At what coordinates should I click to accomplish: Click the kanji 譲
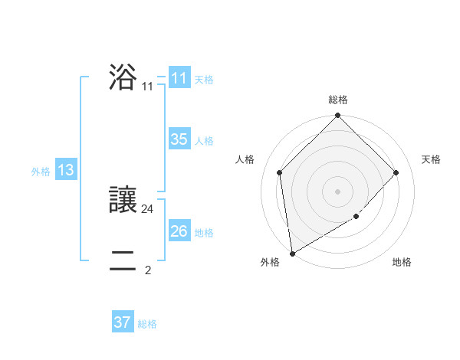pos(123,200)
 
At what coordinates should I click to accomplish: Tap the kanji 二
pos(123,261)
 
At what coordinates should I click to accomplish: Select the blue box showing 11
pos(179,78)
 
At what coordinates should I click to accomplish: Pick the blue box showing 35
pos(179,139)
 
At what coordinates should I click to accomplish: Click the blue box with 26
pos(179,231)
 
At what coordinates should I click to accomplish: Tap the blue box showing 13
pos(65,171)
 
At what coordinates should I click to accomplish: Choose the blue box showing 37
pos(122,322)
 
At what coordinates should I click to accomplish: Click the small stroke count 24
pos(148,208)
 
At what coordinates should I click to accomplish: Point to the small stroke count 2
pos(148,270)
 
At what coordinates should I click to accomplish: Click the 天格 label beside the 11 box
pos(204,79)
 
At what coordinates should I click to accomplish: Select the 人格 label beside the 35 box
pos(204,140)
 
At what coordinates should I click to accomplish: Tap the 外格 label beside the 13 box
pos(41,172)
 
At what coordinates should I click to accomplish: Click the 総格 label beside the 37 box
pos(147,323)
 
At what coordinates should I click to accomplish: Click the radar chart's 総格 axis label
pos(338,100)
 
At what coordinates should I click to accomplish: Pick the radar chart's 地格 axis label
pos(402,262)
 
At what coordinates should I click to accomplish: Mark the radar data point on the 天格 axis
pos(396,172)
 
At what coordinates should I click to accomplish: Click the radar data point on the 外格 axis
pos(292,254)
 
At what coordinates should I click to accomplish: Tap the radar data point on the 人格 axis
pos(280,172)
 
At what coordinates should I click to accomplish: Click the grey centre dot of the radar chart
pos(338,191)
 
